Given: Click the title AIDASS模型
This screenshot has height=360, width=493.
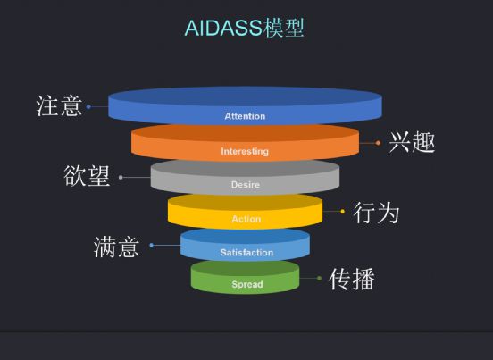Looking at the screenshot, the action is click(x=245, y=29).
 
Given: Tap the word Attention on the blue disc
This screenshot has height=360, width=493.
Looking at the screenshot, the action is click(x=245, y=116).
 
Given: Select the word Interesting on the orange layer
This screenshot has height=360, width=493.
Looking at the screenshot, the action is click(x=245, y=151).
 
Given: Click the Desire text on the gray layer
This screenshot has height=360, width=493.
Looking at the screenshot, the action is click(x=246, y=185).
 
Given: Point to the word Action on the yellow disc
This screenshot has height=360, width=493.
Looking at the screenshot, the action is click(x=246, y=219).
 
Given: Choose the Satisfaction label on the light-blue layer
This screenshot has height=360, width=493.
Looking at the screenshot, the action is click(x=246, y=253).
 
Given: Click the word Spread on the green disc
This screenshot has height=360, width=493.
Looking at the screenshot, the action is click(x=247, y=284).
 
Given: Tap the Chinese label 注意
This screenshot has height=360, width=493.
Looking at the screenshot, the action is click(x=59, y=106).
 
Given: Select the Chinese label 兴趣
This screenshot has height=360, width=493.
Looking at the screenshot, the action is click(x=413, y=142).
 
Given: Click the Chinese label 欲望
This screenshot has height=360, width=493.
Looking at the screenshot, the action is click(x=88, y=175).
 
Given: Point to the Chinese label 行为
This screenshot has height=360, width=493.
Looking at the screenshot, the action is click(x=376, y=213).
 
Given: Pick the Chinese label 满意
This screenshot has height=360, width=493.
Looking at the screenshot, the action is click(x=117, y=247).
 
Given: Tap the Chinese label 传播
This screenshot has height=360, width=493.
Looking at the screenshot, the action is click(x=352, y=279).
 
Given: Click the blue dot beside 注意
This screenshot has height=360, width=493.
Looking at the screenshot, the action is click(x=88, y=107).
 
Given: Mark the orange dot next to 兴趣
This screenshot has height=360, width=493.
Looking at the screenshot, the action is click(x=378, y=143).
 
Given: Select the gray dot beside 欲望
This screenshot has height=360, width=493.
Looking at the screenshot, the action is click(x=121, y=178).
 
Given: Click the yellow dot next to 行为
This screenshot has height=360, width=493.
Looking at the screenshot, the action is click(x=342, y=212).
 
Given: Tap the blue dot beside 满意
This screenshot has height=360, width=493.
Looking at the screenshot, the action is click(x=152, y=246).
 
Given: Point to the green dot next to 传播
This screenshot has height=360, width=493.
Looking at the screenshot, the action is click(x=320, y=278).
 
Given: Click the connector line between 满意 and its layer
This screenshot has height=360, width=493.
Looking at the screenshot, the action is click(x=167, y=246).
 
